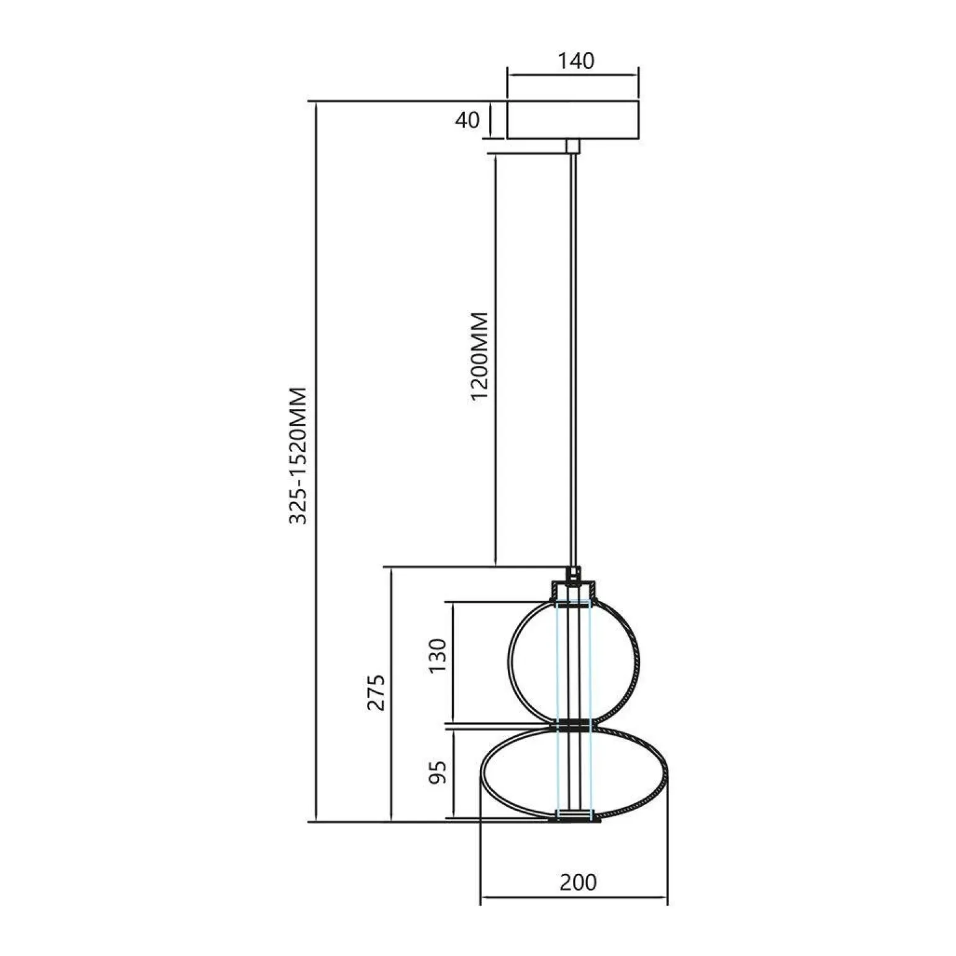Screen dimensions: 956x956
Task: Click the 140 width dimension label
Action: point(575,61)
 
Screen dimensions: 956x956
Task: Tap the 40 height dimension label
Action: point(467,120)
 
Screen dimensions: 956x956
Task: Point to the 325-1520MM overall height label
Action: point(299,456)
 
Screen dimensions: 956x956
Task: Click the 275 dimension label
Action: point(376,692)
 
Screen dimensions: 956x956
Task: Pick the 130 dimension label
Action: point(438,656)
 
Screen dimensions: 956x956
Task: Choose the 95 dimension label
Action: point(438,772)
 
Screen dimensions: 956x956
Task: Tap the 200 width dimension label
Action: point(578,882)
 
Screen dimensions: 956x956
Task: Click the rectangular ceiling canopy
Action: point(573,120)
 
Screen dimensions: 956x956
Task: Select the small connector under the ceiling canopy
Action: point(573,146)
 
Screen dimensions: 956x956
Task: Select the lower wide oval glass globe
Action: point(515,773)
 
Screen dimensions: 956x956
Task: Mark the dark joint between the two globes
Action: point(574,724)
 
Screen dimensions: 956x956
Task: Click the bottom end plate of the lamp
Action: point(574,819)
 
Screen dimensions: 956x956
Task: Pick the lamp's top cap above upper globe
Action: point(574,589)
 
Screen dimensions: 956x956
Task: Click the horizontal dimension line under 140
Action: point(573,76)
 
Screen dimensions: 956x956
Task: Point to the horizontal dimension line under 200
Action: point(574,897)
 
